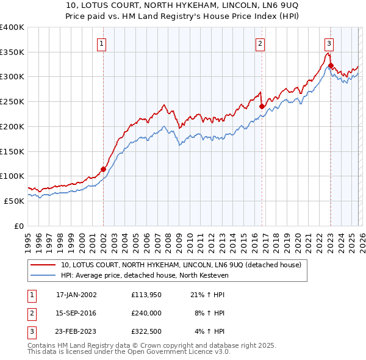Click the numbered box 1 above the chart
click(101, 43)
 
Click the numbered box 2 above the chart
click(260, 43)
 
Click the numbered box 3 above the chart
click(329, 43)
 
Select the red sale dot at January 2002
click(103, 169)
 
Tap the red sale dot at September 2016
click(262, 106)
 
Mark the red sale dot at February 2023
click(331, 65)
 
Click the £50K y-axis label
click(15, 200)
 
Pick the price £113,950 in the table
click(146, 295)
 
